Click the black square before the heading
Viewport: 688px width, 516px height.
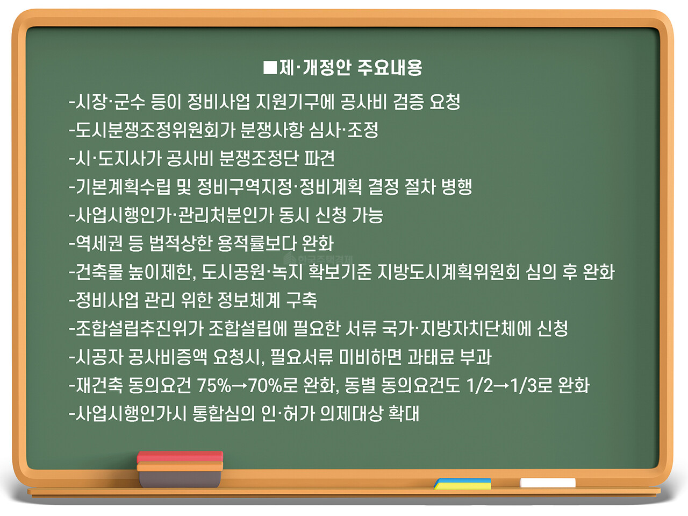point(270,67)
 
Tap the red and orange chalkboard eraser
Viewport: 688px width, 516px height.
point(180,468)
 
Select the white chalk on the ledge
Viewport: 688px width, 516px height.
point(548,483)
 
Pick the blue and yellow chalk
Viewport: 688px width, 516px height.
point(463,484)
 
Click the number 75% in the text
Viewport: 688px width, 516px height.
point(214,385)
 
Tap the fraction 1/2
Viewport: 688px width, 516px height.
point(479,385)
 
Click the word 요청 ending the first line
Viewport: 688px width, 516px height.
point(445,101)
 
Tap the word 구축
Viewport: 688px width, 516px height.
point(301,300)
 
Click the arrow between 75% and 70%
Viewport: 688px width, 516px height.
point(240,386)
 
